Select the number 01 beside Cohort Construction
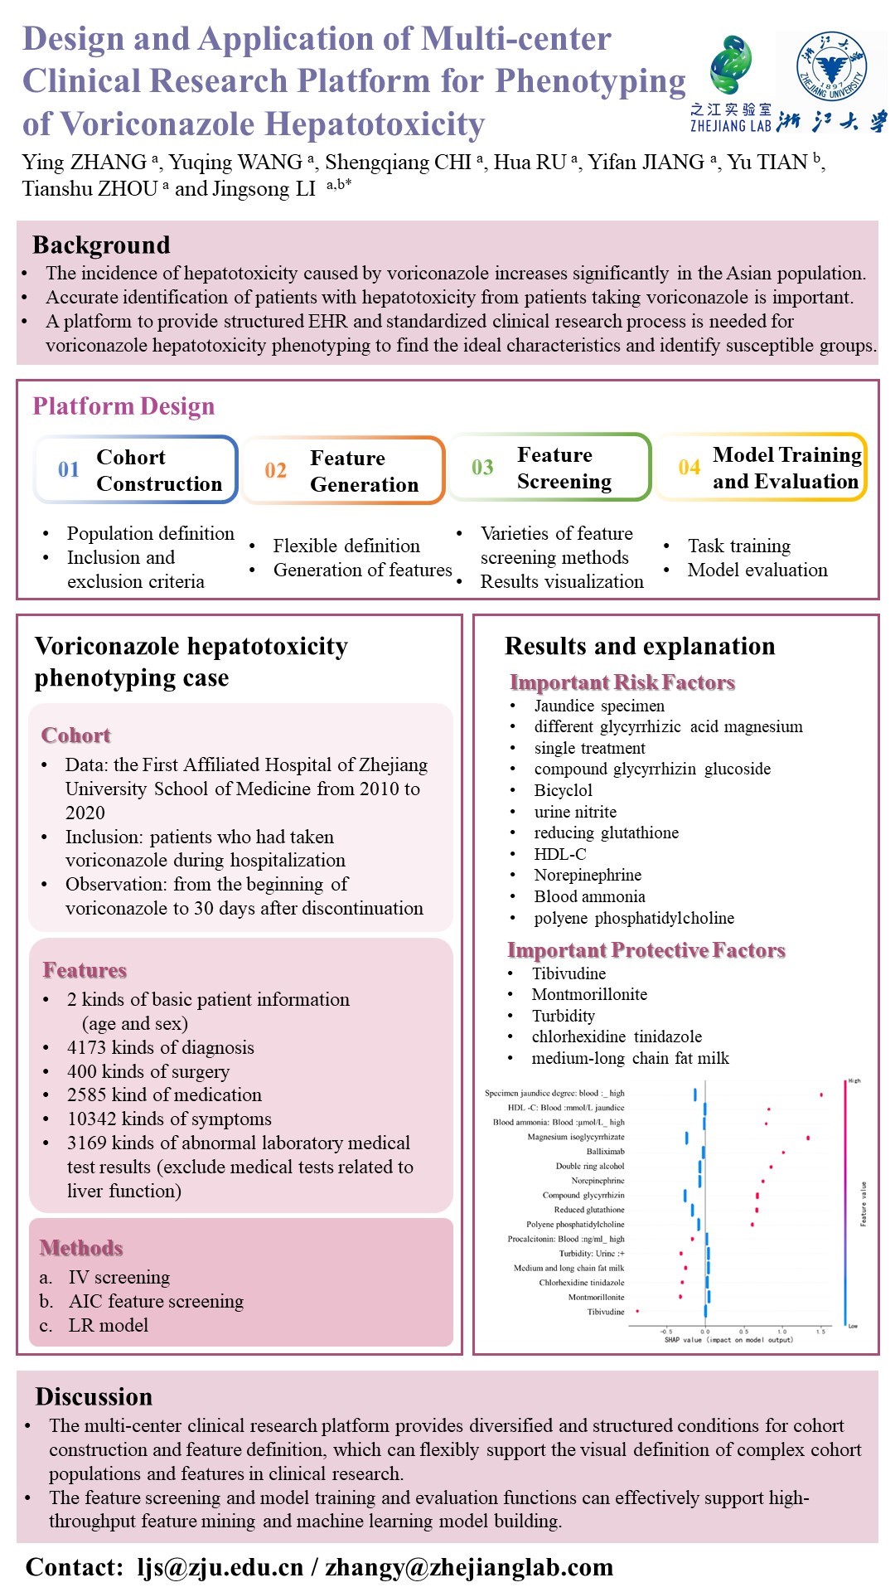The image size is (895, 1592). (69, 469)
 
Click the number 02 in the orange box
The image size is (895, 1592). (275, 470)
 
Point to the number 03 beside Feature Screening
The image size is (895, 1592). (482, 468)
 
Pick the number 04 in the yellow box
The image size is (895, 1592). (689, 468)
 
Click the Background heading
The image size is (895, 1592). (101, 245)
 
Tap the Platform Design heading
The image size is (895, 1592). (123, 406)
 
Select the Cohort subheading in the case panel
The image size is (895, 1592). (75, 735)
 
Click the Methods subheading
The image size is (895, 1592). (81, 1248)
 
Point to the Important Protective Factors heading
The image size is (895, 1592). (646, 950)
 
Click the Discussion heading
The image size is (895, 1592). (94, 1397)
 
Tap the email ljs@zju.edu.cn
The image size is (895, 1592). (220, 1567)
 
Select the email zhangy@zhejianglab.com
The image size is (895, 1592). (469, 1567)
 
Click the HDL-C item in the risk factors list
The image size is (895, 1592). (560, 854)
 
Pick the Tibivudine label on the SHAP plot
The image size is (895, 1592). (606, 1312)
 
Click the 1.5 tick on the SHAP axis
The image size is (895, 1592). (820, 1332)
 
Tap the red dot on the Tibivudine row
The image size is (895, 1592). (637, 1311)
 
